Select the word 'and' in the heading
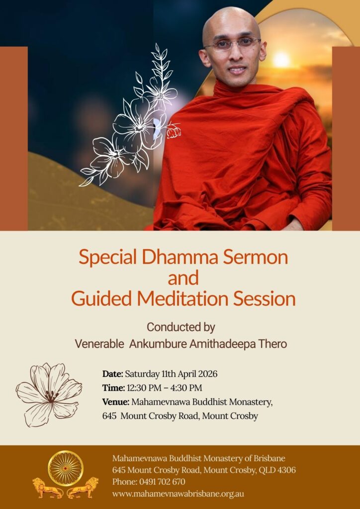tap(183, 278)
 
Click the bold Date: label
tap(113, 374)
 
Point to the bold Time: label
tap(113, 388)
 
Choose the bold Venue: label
tap(116, 402)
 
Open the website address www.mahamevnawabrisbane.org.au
tap(178, 494)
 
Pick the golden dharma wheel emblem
tap(66, 468)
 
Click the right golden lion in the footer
tap(83, 488)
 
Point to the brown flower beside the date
tap(49, 395)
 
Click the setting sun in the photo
tap(281, 59)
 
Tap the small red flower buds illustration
tap(174, 130)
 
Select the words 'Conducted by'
tap(181, 327)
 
